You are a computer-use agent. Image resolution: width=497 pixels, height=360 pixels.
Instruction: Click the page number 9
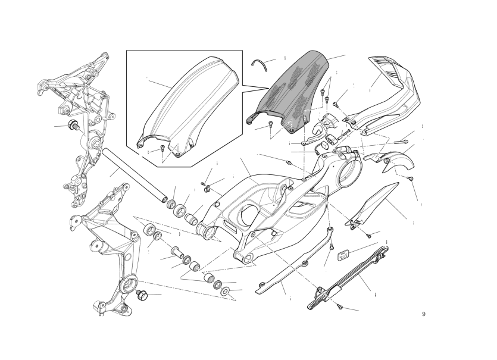coord(424,314)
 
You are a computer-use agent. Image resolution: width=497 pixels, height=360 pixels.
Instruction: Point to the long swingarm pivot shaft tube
coord(133,174)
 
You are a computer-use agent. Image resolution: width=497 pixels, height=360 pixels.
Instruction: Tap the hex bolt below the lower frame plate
coord(142,295)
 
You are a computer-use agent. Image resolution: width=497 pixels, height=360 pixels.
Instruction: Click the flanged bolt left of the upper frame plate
coord(73,125)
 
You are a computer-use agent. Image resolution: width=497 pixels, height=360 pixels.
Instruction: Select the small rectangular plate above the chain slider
coord(343,255)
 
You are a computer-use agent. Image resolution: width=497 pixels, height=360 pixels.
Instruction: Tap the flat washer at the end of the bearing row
coord(226,290)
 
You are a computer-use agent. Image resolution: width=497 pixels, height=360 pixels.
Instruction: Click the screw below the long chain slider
coord(340,307)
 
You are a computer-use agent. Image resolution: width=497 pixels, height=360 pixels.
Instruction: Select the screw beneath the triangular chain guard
coord(369,236)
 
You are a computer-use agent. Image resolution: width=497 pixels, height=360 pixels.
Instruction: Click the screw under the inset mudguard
coord(162,148)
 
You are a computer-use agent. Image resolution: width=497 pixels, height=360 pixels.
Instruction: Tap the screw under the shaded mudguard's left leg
coord(270,124)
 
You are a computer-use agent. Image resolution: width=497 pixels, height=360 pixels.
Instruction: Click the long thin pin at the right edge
coord(402,142)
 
